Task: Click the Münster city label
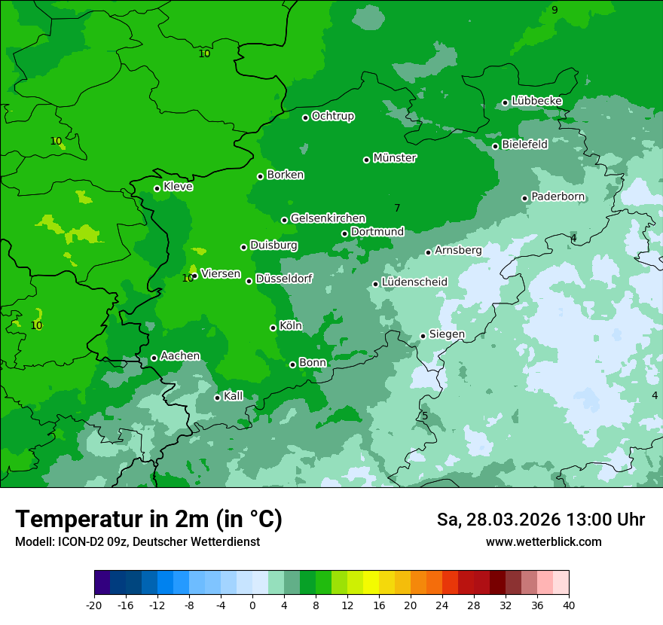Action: pyautogui.click(x=395, y=158)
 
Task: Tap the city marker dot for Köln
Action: pyautogui.click(x=273, y=328)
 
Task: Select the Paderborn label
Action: pyautogui.click(x=558, y=197)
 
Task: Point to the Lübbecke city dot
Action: pyautogui.click(x=505, y=102)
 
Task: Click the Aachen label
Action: pyautogui.click(x=180, y=356)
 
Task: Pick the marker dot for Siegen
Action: pyautogui.click(x=423, y=336)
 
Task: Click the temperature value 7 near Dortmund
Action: pyautogui.click(x=397, y=208)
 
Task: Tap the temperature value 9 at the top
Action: pyautogui.click(x=555, y=10)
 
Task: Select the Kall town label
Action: pyautogui.click(x=234, y=396)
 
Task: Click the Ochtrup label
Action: pyautogui.click(x=333, y=116)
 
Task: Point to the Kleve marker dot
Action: pyautogui.click(x=157, y=188)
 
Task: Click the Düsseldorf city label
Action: pyautogui.click(x=284, y=279)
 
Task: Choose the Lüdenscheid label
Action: pyautogui.click(x=414, y=282)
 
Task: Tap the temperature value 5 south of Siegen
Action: pyautogui.click(x=424, y=416)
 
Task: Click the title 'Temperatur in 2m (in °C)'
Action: pyautogui.click(x=148, y=519)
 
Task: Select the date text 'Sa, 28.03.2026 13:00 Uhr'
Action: pyautogui.click(x=540, y=520)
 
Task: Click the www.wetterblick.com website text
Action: pyautogui.click(x=543, y=541)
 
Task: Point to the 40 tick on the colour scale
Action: pyautogui.click(x=568, y=605)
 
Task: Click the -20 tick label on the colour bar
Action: pyautogui.click(x=94, y=605)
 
